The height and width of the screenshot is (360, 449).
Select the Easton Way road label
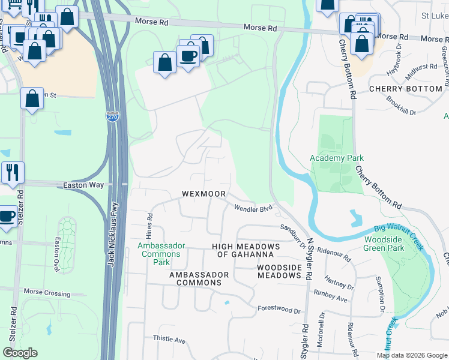tap(83, 186)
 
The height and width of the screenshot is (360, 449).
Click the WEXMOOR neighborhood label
tap(204, 194)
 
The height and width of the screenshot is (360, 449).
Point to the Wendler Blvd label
tap(253, 208)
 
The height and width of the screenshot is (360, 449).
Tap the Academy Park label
tap(337, 158)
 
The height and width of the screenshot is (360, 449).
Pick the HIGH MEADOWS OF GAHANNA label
tap(246, 251)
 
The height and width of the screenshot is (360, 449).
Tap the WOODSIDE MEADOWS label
tap(279, 271)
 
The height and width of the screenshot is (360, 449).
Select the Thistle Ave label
tap(169, 339)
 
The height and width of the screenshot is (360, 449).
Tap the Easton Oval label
tap(58, 256)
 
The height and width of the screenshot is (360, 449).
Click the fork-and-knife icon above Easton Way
tap(13, 172)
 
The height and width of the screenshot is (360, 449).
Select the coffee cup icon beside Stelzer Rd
tap(7, 217)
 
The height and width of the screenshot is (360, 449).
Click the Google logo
tap(20, 353)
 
